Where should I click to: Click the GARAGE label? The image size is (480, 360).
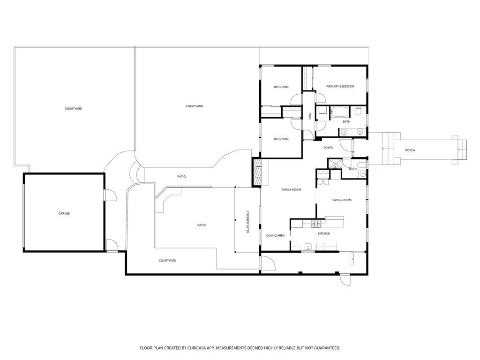point(64,213)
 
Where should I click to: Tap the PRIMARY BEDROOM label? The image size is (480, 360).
point(340,86)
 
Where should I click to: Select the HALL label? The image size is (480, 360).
point(310,116)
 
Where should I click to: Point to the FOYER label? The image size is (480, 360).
point(328,148)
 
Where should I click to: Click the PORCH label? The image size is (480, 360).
point(410,150)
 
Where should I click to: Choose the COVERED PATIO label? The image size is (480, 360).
point(247,222)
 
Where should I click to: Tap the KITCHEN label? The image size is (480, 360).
point(324,233)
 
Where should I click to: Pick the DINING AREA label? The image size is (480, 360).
point(275,235)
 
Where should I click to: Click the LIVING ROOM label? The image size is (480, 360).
point(342,200)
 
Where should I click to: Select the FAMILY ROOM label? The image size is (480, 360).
point(291,189)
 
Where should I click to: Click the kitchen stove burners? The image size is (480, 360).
point(315,224)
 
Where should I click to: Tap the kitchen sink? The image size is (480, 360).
point(307,247)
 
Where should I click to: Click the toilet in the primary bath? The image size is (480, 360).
point(359,111)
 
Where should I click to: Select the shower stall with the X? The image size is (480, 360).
point(334,164)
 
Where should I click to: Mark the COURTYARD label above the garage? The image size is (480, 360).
point(74,108)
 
